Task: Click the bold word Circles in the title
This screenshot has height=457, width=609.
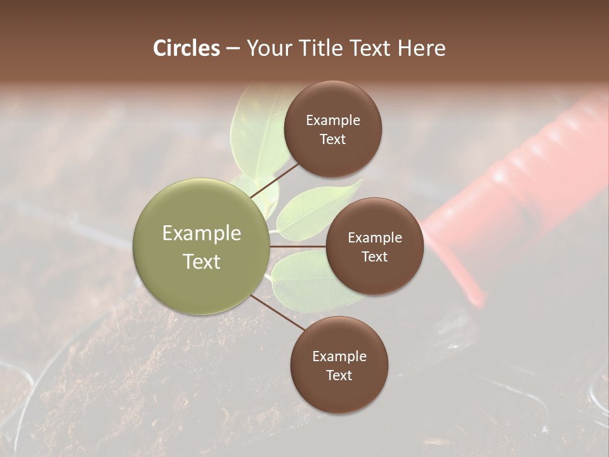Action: click(187, 48)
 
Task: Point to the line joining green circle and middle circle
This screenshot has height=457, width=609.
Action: click(298, 246)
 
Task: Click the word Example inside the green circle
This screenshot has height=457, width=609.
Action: click(201, 234)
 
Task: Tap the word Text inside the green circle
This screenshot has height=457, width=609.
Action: click(201, 262)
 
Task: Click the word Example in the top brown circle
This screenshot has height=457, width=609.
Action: click(332, 121)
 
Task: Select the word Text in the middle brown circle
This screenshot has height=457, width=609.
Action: click(374, 256)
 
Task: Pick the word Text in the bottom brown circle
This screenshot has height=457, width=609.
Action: click(339, 375)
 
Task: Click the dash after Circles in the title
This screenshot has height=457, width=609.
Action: click(233, 48)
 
